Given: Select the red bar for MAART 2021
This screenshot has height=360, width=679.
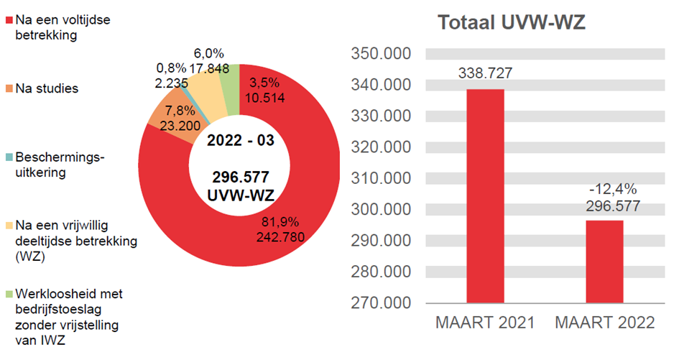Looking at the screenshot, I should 485,194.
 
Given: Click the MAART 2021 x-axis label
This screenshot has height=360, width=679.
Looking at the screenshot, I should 485,323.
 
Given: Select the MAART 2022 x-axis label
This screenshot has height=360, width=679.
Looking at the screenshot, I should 605,323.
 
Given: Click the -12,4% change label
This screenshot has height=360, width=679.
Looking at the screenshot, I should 605,190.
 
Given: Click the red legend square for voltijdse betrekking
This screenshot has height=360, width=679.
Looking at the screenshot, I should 9,20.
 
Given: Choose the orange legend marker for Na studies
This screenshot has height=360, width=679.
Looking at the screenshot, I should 9,89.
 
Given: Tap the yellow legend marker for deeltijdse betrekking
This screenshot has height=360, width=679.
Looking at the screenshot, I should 9,226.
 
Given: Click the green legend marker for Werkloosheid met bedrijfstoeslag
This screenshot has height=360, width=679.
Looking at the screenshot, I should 9,294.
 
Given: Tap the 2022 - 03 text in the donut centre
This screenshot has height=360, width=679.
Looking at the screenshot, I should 241,141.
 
